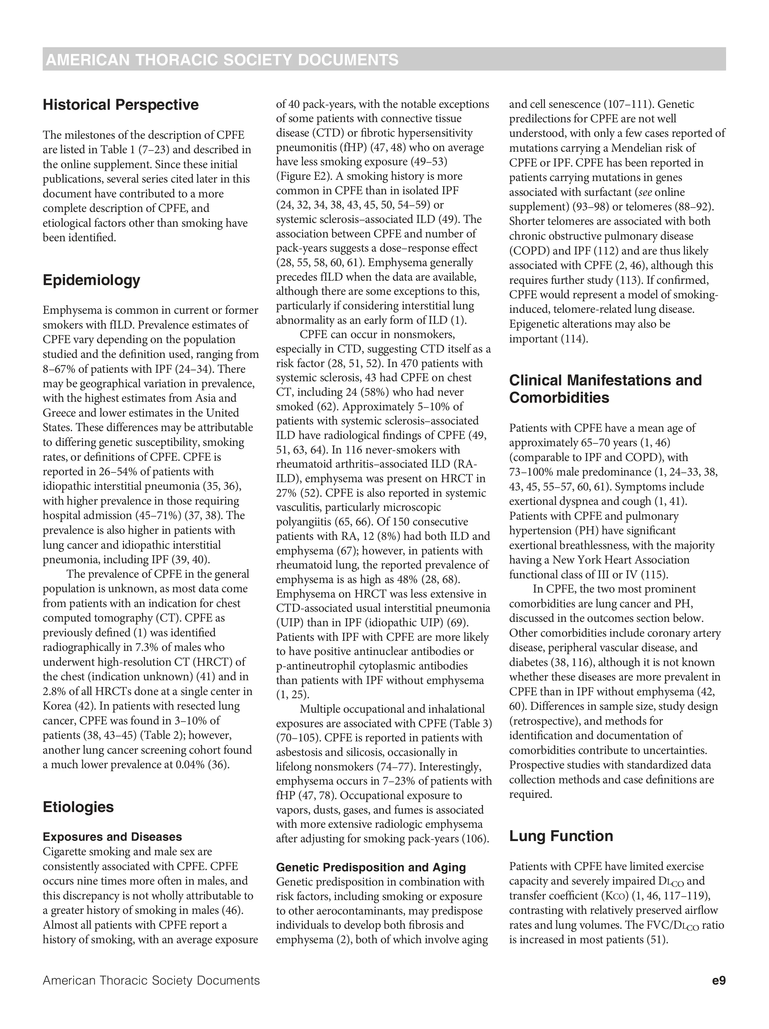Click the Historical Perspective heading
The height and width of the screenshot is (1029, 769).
[x=120, y=105]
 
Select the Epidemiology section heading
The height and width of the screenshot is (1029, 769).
[x=91, y=280]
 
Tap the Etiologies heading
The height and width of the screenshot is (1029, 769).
[x=78, y=807]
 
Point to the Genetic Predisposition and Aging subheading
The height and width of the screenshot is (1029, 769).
[x=371, y=867]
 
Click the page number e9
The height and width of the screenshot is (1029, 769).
[x=718, y=981]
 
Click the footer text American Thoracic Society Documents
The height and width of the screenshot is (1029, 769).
[x=151, y=981]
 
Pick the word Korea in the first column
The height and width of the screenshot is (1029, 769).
[x=57, y=706]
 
